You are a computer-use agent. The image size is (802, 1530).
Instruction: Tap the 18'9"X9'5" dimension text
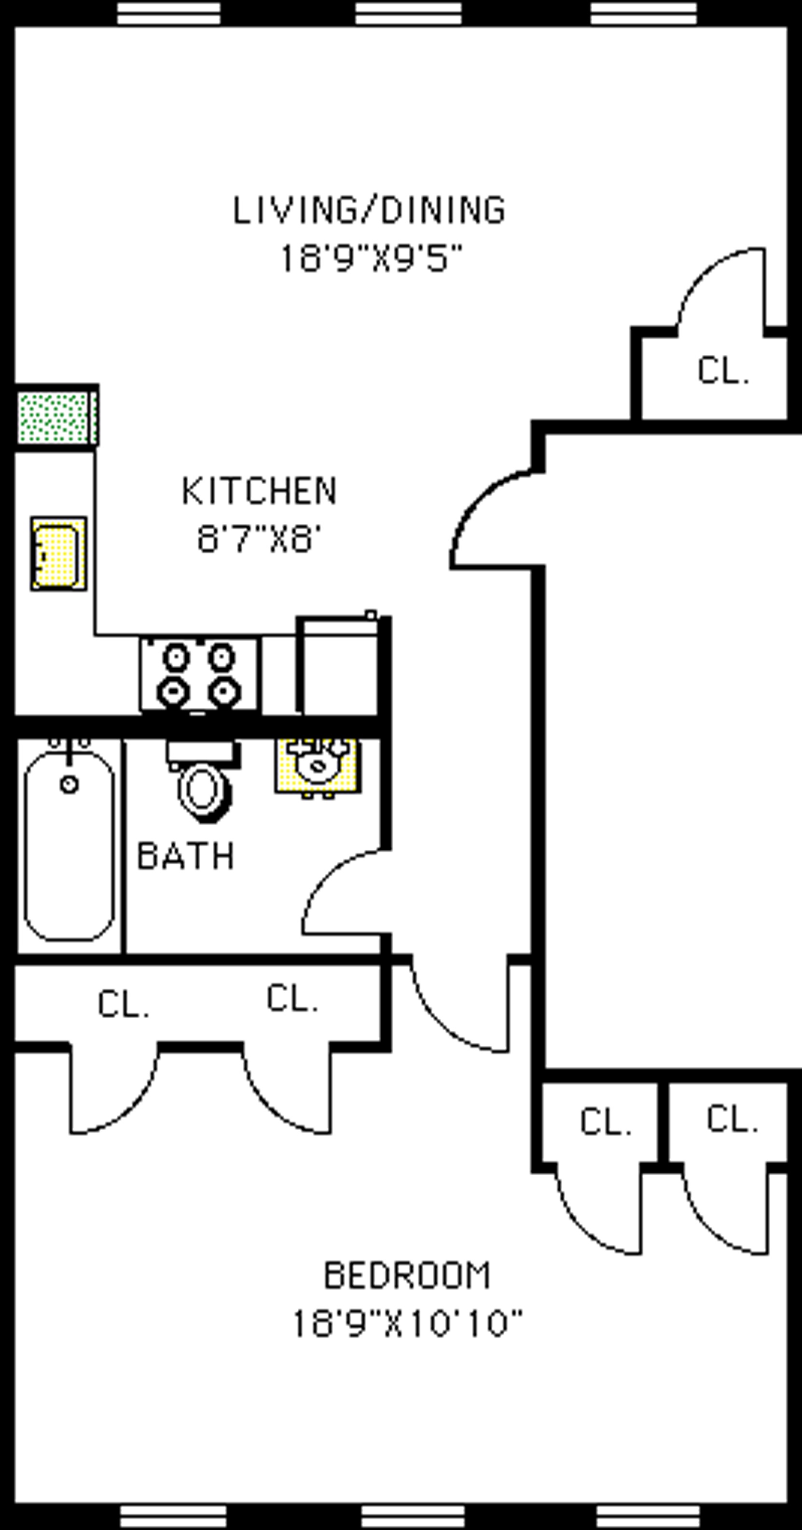371,259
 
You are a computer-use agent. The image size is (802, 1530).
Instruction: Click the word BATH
186,856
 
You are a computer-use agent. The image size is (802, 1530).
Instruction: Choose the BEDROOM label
407,1275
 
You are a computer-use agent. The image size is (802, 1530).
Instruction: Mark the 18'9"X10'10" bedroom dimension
408,1324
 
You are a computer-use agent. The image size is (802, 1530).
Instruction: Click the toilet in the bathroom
204,784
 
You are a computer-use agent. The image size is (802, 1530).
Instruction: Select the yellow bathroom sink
318,766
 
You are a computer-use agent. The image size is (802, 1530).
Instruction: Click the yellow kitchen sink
58,554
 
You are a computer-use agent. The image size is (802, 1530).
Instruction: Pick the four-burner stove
199,675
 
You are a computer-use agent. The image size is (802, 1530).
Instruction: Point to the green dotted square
55,418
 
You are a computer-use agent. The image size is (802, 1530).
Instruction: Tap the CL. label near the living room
722,371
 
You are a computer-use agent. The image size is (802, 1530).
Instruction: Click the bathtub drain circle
69,785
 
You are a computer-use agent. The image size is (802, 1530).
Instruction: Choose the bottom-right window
648,1516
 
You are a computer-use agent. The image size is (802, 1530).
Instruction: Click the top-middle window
408,13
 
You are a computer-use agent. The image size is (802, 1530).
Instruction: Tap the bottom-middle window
413,1516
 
